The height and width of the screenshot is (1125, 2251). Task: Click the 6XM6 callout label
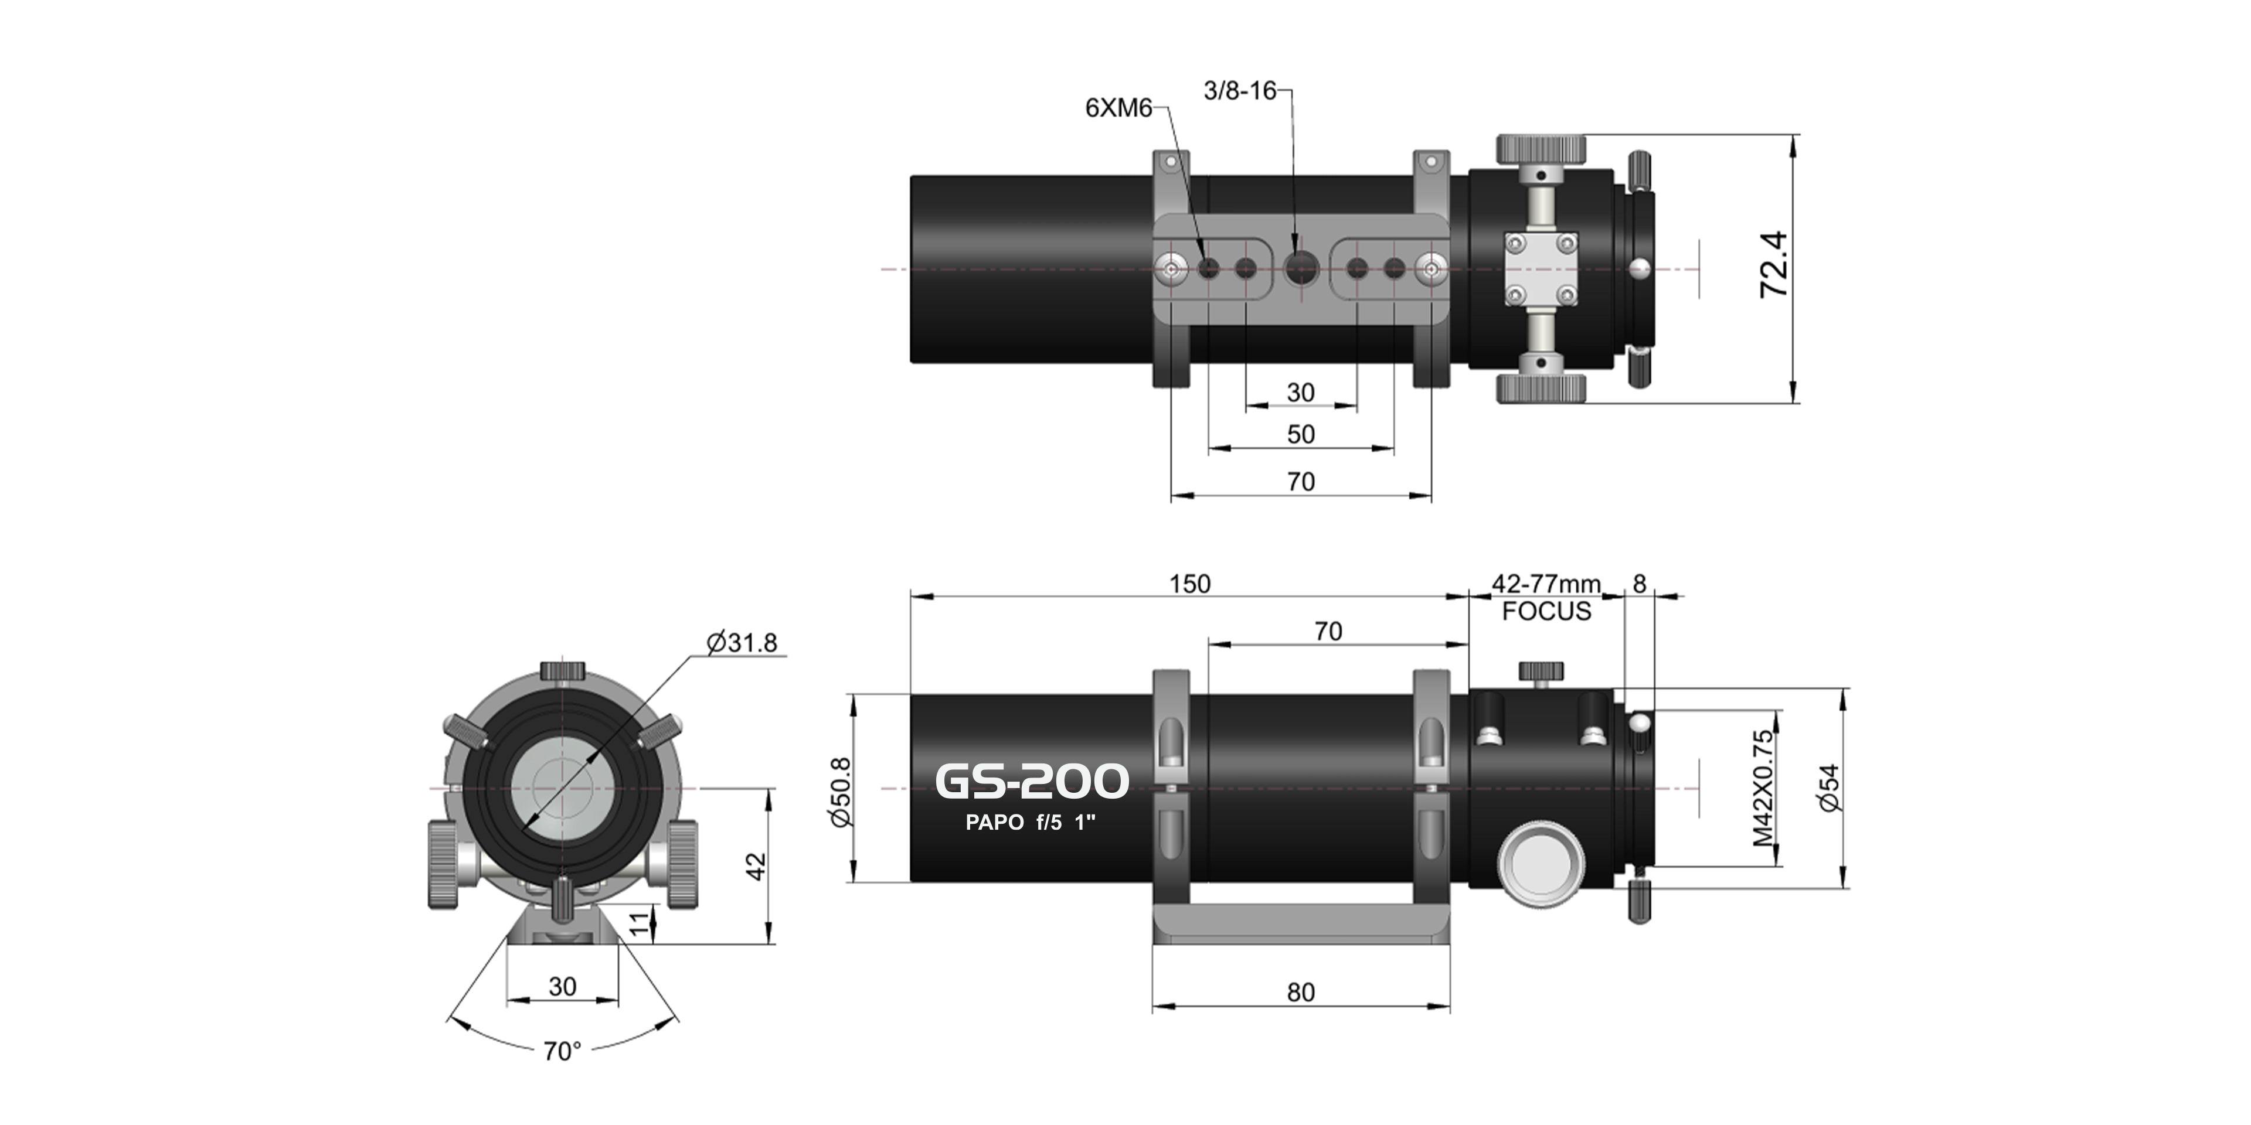coord(1118,108)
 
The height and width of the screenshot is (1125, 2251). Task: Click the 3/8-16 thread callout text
coord(1239,91)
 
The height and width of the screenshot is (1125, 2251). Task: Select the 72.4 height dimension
coord(1774,265)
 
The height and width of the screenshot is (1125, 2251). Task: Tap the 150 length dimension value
coord(1190,584)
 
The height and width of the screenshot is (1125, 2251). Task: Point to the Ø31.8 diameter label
coord(742,643)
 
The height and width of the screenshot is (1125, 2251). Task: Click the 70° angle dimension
coord(562,1051)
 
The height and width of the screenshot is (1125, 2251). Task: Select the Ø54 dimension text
coord(1829,788)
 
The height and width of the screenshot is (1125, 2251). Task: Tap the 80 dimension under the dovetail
coord(1300,992)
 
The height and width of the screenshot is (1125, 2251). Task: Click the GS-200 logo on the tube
coord(1032,782)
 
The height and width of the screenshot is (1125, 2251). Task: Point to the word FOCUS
coord(1546,611)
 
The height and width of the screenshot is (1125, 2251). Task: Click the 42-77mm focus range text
coord(1546,584)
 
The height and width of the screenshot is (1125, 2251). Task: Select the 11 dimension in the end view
coord(641,923)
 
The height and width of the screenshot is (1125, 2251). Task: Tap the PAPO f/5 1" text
coord(1029,823)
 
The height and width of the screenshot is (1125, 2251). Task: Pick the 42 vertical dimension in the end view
coord(756,867)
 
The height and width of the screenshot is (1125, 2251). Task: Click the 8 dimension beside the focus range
coord(1640,584)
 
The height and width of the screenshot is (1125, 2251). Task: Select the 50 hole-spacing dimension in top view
coord(1300,434)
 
